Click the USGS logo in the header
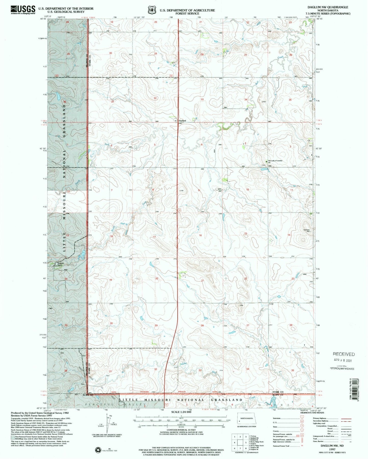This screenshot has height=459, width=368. point(23,10)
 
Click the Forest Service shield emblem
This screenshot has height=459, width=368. point(152,10)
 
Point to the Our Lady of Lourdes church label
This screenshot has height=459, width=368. point(275,161)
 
